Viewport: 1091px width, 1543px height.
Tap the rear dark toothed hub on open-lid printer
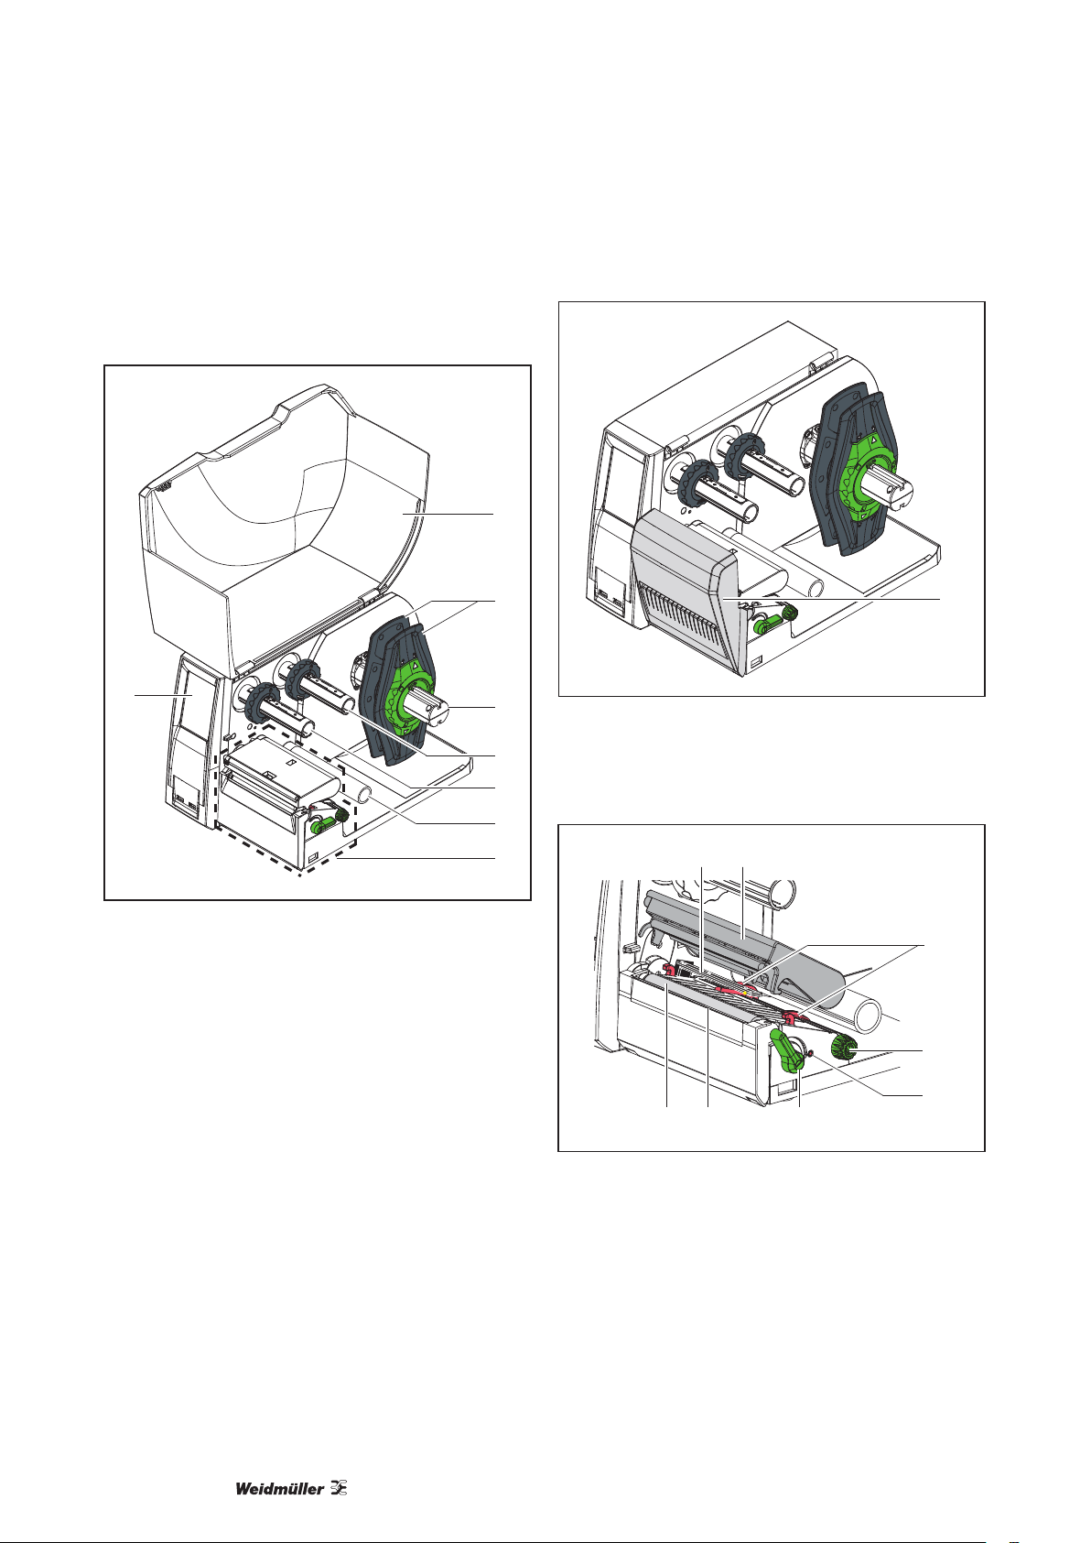click(x=303, y=682)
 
